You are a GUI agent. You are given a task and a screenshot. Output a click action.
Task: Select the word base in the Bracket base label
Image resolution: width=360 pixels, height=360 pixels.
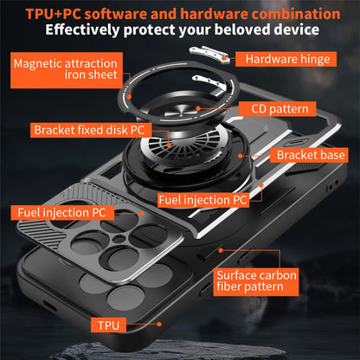click(x=332, y=156)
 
